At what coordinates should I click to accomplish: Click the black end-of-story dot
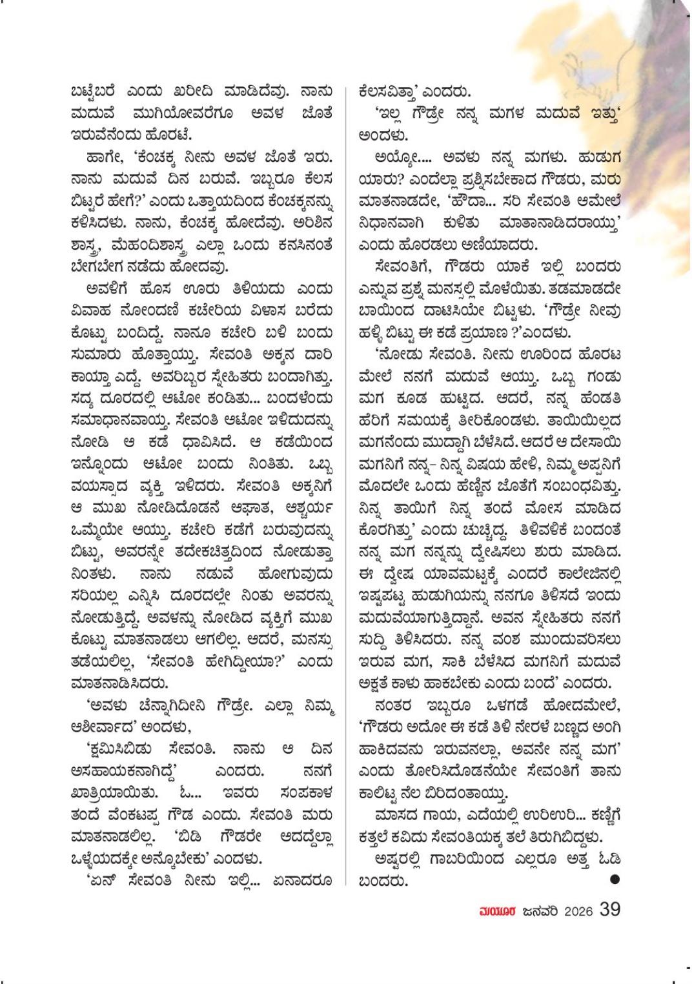[614, 879]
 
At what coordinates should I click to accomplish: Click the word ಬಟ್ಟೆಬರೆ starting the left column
[101, 91]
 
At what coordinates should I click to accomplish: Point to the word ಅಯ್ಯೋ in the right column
[396, 157]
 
